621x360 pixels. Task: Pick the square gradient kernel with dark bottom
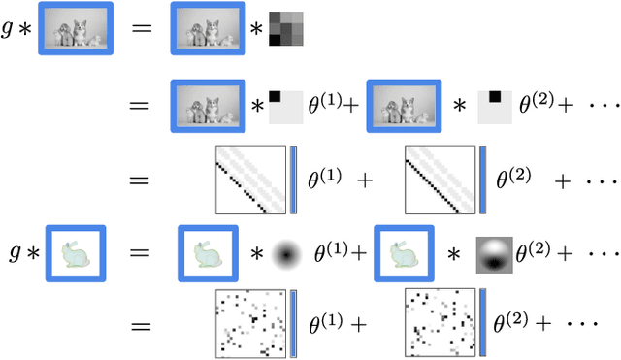click(492, 254)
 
